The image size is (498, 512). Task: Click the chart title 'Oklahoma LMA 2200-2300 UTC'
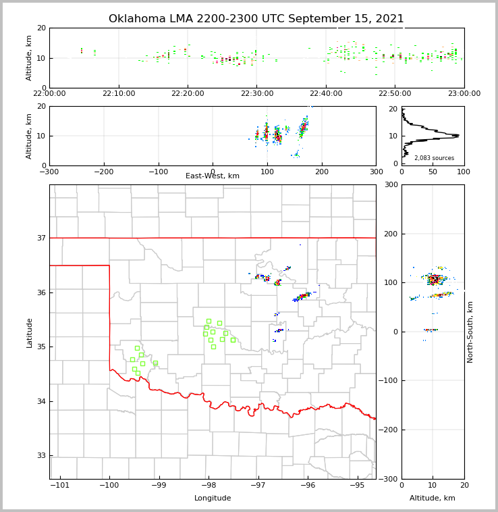tap(256, 19)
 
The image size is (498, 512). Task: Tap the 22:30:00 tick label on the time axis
tap(256, 94)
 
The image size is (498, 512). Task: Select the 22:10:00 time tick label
tap(118, 94)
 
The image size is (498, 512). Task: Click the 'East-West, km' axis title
tap(213, 176)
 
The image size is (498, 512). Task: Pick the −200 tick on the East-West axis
tap(103, 172)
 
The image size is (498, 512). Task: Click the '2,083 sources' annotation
tap(434, 158)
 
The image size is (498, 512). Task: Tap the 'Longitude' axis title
tap(213, 498)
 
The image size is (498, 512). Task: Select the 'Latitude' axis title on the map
tap(29, 332)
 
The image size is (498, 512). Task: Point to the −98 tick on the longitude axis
tap(209, 485)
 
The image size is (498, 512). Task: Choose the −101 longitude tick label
tap(59, 485)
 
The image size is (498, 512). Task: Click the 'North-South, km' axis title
tap(470, 332)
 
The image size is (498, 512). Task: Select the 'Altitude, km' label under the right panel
tap(433, 498)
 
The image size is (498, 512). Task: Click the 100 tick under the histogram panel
tap(464, 172)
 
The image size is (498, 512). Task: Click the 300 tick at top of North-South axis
tap(391, 185)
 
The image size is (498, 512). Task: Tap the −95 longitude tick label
tap(357, 485)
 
